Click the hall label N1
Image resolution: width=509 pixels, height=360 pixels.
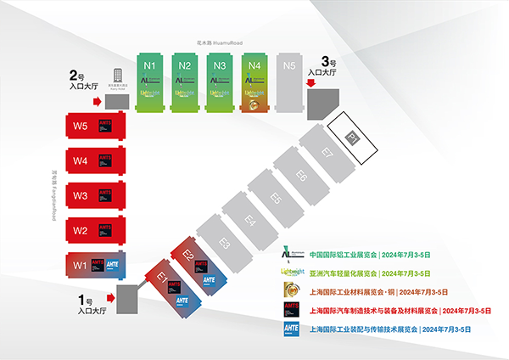[x=149, y=65]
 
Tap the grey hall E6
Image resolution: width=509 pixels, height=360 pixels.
[x=301, y=176]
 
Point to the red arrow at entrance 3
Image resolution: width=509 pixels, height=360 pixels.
[x=311, y=83]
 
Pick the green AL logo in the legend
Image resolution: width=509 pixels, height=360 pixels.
[x=290, y=253]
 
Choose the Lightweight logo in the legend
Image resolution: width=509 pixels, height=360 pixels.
[x=291, y=272]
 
